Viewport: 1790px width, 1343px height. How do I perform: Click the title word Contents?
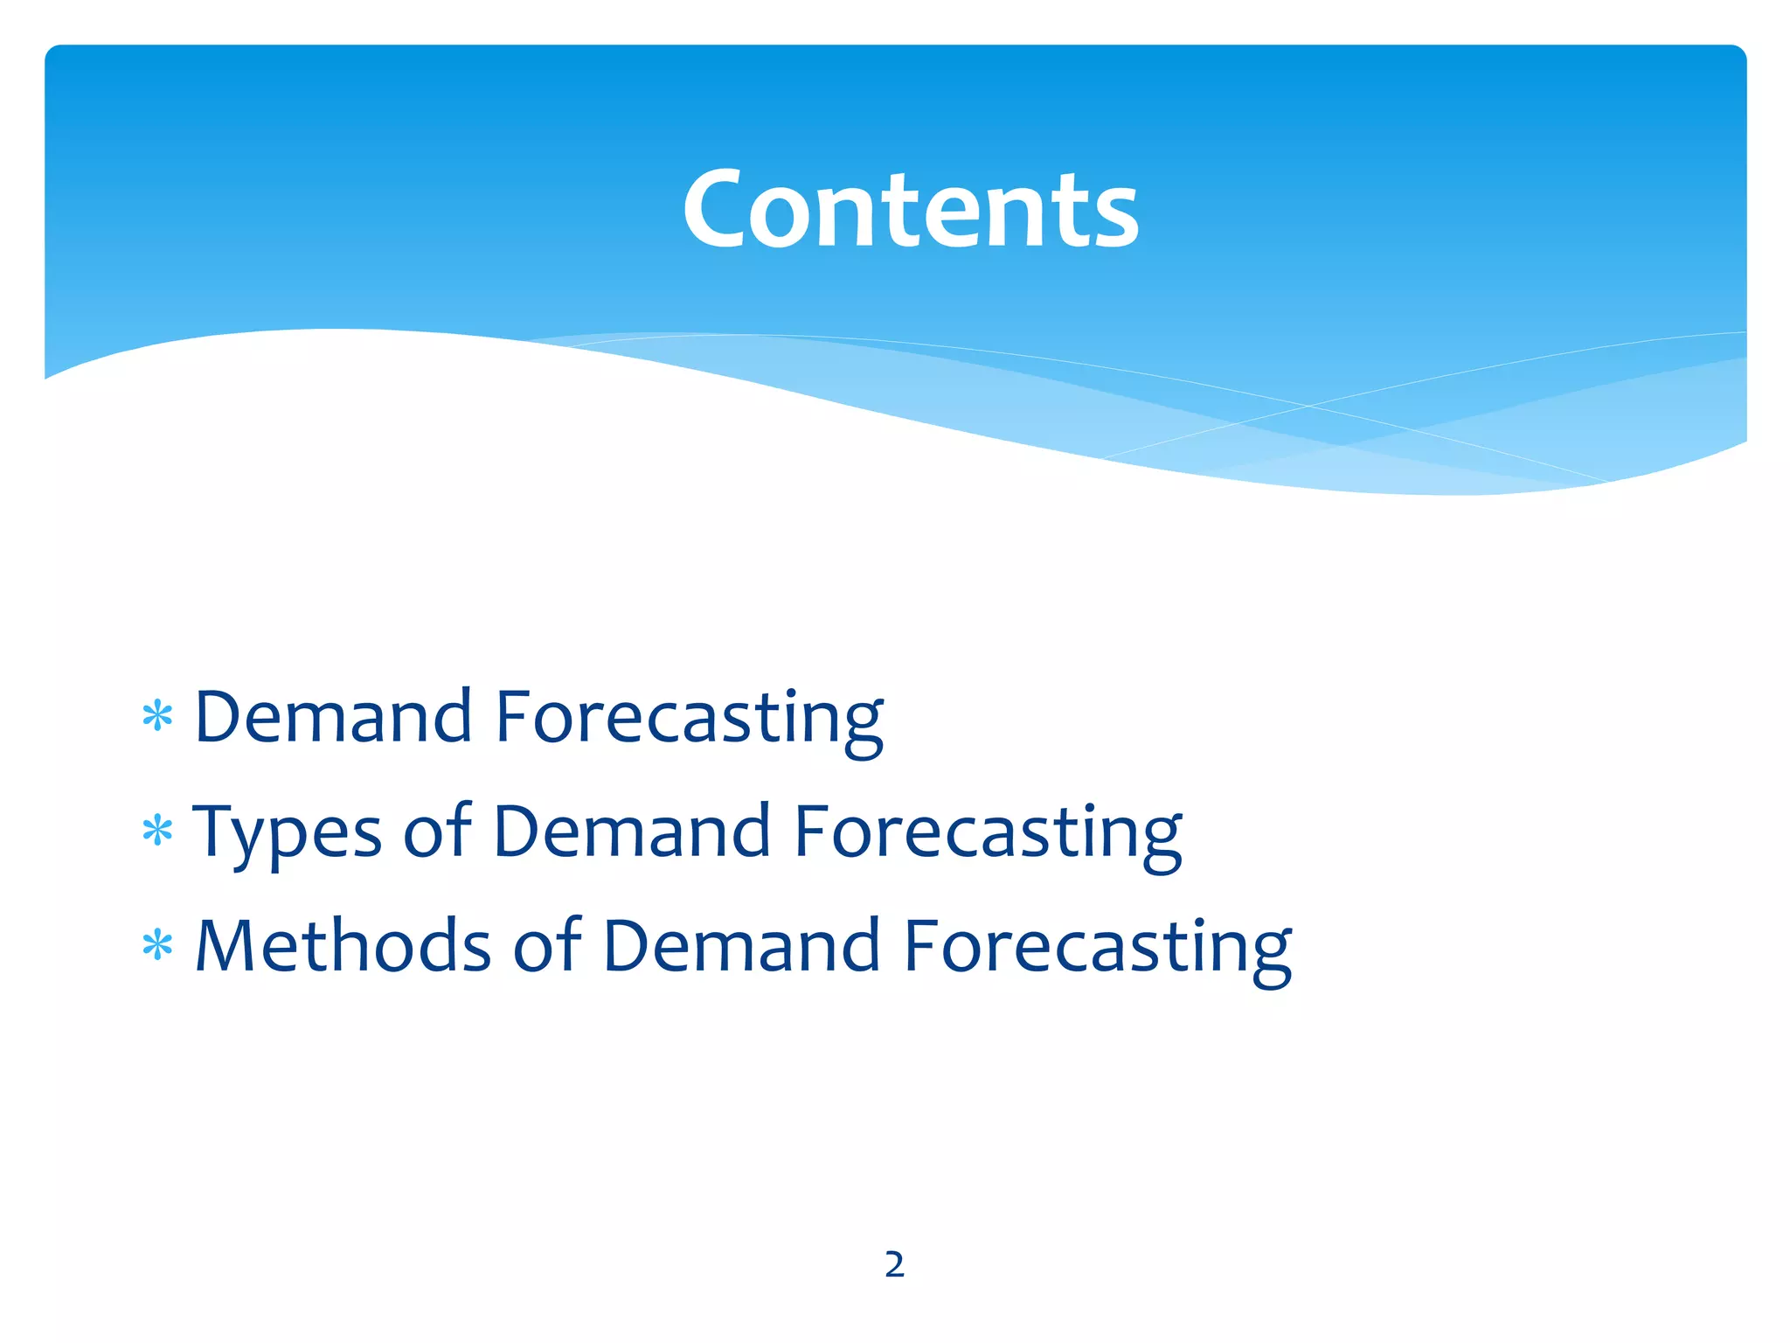(x=911, y=210)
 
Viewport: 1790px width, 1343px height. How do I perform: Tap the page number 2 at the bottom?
(x=894, y=1264)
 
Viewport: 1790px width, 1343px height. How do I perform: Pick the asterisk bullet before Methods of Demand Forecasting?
(x=157, y=946)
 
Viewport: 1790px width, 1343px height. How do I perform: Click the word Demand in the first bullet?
(x=334, y=717)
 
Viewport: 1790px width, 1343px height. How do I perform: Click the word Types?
(x=287, y=832)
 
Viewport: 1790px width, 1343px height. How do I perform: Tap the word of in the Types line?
(x=437, y=831)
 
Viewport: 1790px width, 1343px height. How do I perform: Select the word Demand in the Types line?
(x=631, y=831)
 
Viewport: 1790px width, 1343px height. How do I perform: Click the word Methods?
(x=343, y=946)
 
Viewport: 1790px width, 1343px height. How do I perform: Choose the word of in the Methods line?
(x=547, y=946)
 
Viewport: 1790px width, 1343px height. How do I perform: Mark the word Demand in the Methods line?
(x=741, y=946)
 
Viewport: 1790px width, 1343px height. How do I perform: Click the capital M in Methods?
(x=224, y=946)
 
